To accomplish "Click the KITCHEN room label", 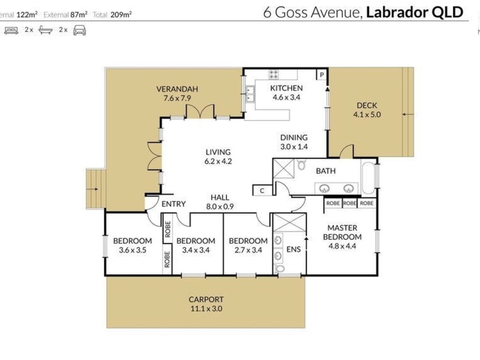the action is [x=286, y=88].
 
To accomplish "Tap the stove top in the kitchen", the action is [x=274, y=74].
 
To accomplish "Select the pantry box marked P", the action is [x=322, y=74].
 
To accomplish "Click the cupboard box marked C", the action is [x=262, y=191].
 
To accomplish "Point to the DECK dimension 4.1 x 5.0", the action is [x=367, y=115].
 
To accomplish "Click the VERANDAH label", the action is [x=177, y=89].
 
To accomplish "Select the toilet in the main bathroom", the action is [x=301, y=164].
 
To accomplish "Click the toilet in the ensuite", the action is [x=280, y=269].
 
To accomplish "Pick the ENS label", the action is [x=293, y=250].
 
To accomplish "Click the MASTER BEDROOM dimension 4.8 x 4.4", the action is [x=342, y=246].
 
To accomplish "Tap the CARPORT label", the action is [x=206, y=299].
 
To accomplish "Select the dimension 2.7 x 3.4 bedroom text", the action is [x=248, y=250].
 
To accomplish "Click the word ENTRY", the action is [x=173, y=204].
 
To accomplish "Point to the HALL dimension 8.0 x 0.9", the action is [x=220, y=206].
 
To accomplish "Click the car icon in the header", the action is [x=80, y=31].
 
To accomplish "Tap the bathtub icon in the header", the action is [x=46, y=30].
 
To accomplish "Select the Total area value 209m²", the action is [x=121, y=14].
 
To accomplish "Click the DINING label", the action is [x=294, y=138].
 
